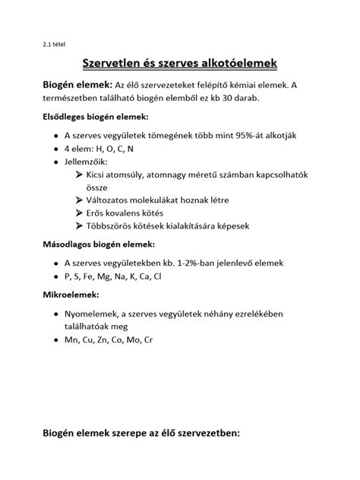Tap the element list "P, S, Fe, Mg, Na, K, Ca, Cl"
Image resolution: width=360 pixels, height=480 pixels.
coord(113,276)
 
